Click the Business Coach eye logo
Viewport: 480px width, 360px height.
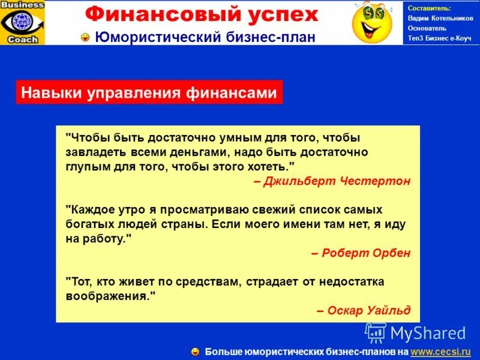tap(23, 22)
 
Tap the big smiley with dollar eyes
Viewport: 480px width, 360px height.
tap(371, 22)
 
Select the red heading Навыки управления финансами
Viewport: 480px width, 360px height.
tap(149, 93)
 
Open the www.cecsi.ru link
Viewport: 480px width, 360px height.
tap(440, 351)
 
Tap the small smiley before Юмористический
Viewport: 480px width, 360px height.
tap(86, 38)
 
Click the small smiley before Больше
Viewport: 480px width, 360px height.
tap(195, 351)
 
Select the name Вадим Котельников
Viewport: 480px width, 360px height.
tap(440, 18)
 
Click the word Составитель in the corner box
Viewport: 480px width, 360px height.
tap(429, 8)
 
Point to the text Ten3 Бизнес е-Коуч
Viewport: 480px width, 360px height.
tap(440, 38)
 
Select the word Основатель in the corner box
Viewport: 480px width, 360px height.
tap(427, 28)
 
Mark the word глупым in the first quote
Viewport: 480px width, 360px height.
tap(86, 166)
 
